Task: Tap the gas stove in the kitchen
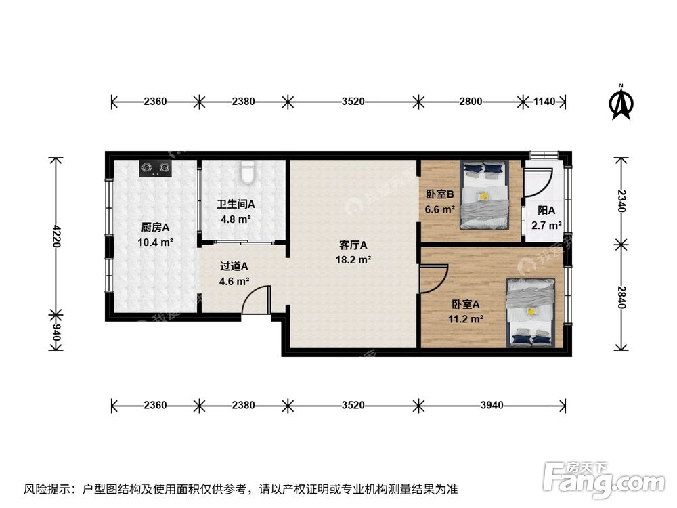pyautogui.click(x=155, y=168)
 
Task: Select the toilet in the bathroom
pyautogui.click(x=248, y=173)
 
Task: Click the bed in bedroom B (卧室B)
pyautogui.click(x=484, y=194)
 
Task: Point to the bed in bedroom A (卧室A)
pyautogui.click(x=533, y=312)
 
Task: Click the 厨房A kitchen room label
pyautogui.click(x=155, y=227)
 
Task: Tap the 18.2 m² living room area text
pyautogui.click(x=353, y=259)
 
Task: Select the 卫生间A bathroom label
pyautogui.click(x=236, y=204)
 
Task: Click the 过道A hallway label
pyautogui.click(x=234, y=266)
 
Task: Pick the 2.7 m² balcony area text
pyautogui.click(x=546, y=226)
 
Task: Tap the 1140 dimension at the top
pyautogui.click(x=544, y=102)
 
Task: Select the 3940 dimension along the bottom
pyautogui.click(x=492, y=406)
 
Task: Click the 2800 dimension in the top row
pyautogui.click(x=471, y=102)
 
